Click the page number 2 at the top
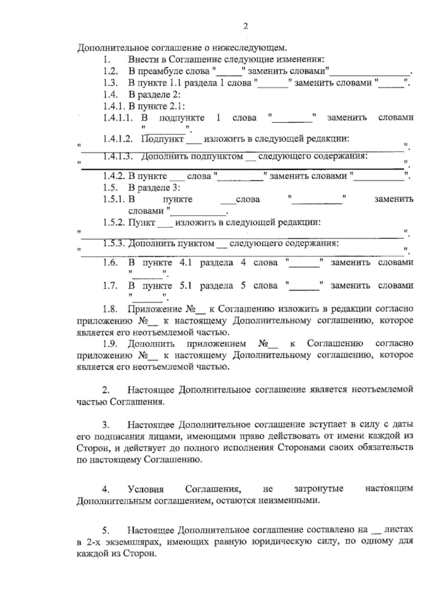tap(245, 26)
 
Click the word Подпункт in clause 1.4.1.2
tap(163, 139)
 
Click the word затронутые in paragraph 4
tap(319, 489)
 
